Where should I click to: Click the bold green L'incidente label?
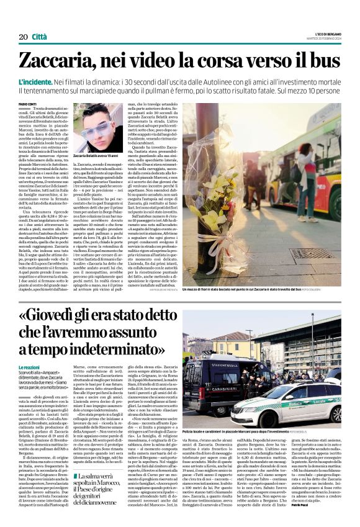click(39, 81)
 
